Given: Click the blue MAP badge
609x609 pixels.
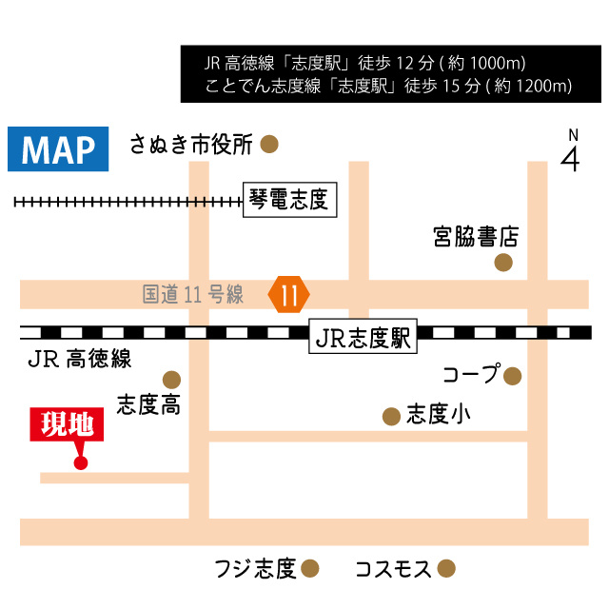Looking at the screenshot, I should coord(58,148).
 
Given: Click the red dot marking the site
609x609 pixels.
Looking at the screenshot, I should coord(80,463).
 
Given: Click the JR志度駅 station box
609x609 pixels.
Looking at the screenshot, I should coord(363,337).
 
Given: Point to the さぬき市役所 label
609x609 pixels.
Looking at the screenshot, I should coord(192,145).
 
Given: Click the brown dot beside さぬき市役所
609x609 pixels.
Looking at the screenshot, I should coord(270,145).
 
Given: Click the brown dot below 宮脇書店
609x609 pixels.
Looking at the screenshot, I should coord(503,262).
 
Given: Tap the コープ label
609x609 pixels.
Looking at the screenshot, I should coord(471,375).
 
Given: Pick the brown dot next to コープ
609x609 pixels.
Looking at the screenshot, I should coord(513,376).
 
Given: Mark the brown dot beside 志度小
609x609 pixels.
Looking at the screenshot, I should coord(390,416).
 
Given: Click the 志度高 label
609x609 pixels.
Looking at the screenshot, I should coord(148,406).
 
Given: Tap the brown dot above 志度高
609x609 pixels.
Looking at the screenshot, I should coord(171,378).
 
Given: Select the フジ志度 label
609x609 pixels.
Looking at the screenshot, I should coord(256,569).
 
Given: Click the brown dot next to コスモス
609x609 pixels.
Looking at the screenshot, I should coord(445,569).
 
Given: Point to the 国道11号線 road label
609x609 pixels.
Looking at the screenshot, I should coord(193,295).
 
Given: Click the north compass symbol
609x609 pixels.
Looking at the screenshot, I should coord(571,151).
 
